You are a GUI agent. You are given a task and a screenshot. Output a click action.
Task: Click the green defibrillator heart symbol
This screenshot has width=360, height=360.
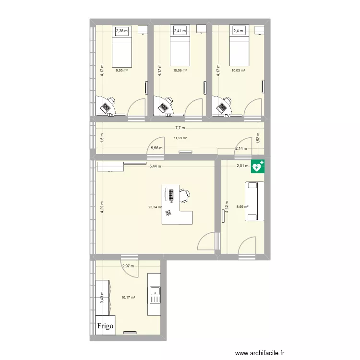click(258, 167)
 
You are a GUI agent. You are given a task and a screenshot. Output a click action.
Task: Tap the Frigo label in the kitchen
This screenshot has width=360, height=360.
click(106, 326)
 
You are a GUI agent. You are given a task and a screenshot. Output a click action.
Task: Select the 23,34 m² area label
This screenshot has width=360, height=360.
click(155, 207)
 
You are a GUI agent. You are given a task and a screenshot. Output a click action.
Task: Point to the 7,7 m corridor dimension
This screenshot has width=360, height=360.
click(180, 128)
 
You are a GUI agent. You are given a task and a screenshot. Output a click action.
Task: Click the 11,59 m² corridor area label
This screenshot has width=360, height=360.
click(180, 138)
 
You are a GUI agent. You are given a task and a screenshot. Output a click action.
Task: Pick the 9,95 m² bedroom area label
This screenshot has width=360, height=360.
click(121, 70)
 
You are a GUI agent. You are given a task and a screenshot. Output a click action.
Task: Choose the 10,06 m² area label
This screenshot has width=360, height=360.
click(180, 70)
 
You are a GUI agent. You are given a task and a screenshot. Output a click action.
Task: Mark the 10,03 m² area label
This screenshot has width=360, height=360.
click(238, 70)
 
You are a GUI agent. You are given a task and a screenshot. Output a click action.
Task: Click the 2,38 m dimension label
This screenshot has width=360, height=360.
click(122, 31)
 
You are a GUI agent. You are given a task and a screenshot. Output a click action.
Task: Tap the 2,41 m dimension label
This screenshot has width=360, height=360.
click(180, 31)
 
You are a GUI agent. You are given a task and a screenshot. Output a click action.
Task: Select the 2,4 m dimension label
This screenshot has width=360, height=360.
click(239, 31)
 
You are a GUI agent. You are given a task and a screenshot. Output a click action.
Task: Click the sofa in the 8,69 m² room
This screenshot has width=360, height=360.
click(254, 201)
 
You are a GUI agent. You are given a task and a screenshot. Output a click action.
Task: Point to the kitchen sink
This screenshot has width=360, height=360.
click(155, 291)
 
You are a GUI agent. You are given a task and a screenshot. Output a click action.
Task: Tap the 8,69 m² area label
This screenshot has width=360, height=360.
click(243, 207)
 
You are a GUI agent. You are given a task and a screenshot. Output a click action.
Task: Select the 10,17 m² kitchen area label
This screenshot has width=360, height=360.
click(128, 297)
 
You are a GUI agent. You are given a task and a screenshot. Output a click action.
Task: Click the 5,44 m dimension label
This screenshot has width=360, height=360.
click(155, 167)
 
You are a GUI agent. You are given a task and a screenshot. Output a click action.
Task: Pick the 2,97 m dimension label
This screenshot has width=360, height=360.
click(127, 266)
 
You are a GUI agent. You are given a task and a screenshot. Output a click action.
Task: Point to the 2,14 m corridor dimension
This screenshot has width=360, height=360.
click(241, 148)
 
